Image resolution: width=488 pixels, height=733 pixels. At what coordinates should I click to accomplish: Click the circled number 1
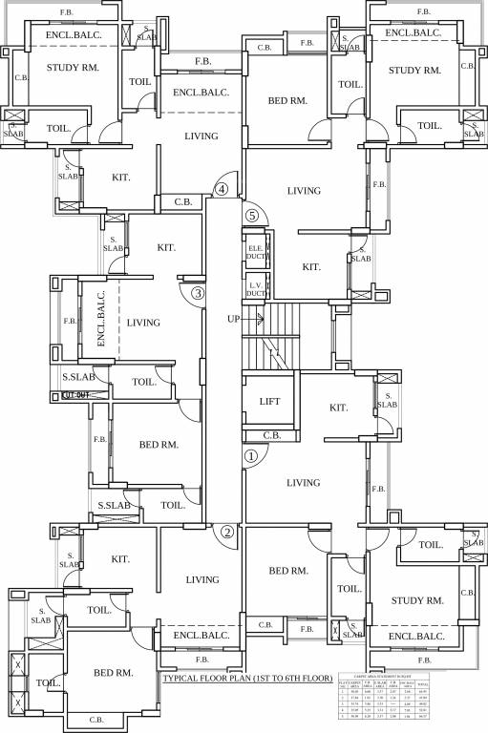point(250,456)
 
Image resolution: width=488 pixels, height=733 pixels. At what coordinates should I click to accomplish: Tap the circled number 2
point(227,533)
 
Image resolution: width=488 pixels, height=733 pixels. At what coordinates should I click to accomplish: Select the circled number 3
point(198,293)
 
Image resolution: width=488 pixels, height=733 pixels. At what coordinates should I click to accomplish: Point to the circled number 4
point(222,189)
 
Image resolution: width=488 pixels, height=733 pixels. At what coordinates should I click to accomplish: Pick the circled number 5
point(252,216)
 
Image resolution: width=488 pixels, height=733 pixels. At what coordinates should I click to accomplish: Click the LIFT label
point(269,402)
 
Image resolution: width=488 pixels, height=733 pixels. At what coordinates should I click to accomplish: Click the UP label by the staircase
point(234,318)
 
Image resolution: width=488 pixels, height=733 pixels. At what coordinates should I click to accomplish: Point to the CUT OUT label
point(75,393)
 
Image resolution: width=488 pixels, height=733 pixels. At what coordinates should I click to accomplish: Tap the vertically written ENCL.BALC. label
point(100,324)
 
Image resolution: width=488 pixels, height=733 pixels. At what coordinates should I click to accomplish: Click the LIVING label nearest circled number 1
point(304,483)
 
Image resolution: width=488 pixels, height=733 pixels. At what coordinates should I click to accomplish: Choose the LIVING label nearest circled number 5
point(304,191)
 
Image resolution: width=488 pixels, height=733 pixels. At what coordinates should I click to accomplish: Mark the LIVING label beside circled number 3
point(143,324)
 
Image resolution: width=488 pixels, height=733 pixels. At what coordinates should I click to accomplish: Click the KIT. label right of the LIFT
point(338,408)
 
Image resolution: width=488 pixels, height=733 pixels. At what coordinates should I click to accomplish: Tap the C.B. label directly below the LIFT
point(271,435)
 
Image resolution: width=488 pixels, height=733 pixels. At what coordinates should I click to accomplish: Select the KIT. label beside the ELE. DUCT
point(310,267)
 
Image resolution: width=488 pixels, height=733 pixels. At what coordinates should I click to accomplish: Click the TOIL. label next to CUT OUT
point(144,382)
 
